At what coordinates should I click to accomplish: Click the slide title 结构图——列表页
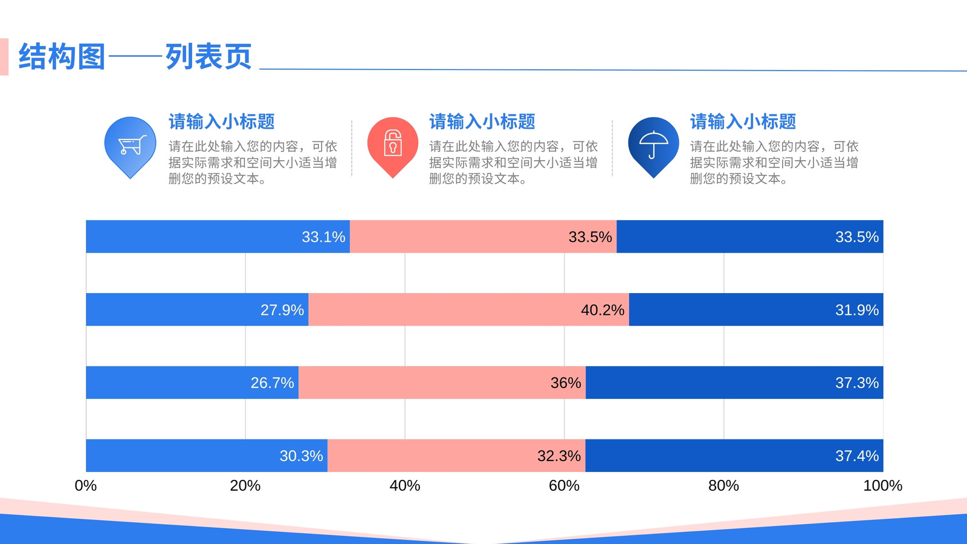tap(135, 57)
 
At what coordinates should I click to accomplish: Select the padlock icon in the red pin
tap(393, 143)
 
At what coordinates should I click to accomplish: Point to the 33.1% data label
tap(323, 236)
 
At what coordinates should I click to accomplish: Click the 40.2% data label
tap(603, 309)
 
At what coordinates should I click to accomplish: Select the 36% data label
tap(566, 383)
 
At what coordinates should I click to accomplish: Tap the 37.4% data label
tap(857, 456)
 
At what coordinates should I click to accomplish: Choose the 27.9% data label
tap(282, 309)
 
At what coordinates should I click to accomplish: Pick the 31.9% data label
tap(857, 309)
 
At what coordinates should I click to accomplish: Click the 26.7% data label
tap(272, 383)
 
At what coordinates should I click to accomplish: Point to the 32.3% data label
tap(559, 456)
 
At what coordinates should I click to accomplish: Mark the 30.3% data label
tap(302, 456)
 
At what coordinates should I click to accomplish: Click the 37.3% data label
tap(857, 383)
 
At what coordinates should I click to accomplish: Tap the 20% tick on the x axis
tap(245, 486)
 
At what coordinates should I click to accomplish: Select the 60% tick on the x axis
tap(564, 486)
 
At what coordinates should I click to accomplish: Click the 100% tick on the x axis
tap(883, 486)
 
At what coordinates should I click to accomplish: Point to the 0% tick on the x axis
tap(85, 486)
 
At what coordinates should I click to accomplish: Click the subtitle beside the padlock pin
tap(482, 121)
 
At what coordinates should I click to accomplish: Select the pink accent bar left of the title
tap(4, 57)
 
